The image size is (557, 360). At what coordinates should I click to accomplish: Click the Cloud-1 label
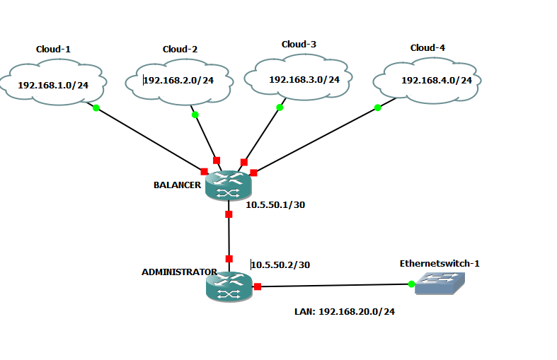(54, 50)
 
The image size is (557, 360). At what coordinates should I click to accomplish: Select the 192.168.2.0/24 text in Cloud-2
(178, 80)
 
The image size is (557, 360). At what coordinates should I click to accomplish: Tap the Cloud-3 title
(299, 45)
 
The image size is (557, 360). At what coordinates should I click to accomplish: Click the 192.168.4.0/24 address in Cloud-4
(437, 80)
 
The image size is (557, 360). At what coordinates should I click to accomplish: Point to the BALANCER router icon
(228, 186)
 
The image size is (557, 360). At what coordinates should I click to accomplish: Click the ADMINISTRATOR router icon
(229, 286)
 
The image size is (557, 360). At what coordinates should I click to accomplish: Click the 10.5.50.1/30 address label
(275, 205)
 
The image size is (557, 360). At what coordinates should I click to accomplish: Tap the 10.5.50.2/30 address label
(280, 265)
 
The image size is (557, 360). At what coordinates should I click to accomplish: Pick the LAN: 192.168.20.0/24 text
(345, 311)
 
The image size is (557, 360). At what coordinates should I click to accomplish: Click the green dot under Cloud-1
(96, 108)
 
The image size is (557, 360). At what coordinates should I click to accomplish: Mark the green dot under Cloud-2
(195, 115)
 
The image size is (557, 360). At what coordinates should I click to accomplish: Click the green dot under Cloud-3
(280, 108)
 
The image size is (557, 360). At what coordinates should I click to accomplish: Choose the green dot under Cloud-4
(377, 108)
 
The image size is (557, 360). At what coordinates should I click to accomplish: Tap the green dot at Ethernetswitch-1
(411, 284)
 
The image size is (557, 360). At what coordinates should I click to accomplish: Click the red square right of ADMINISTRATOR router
(258, 286)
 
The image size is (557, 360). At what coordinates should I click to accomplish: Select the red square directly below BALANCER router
(229, 214)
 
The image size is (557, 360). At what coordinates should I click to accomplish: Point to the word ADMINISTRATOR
(179, 272)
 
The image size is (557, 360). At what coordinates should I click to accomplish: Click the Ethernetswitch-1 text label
(440, 264)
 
